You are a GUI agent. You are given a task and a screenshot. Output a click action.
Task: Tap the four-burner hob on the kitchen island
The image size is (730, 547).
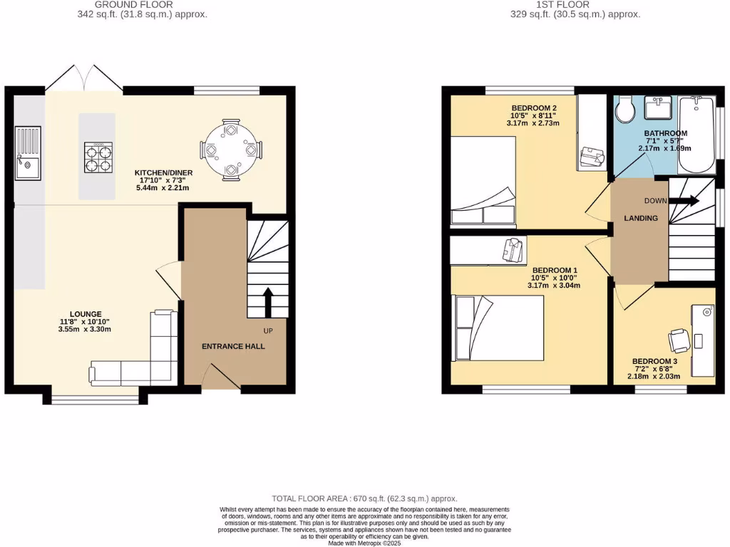(98, 157)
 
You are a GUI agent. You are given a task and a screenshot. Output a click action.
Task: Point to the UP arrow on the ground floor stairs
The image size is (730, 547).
(267, 302)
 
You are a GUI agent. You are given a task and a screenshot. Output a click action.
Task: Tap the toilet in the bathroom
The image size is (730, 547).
(625, 110)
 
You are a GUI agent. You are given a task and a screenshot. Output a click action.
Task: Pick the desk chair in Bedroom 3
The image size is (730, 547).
(679, 340)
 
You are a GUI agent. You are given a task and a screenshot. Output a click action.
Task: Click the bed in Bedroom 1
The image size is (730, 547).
(499, 328)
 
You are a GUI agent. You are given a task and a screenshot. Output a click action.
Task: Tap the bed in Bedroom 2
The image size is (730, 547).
(483, 179)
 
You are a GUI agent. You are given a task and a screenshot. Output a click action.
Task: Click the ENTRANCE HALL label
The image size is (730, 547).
(233, 347)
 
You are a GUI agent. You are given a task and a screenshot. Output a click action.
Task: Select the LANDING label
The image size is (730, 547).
(641, 218)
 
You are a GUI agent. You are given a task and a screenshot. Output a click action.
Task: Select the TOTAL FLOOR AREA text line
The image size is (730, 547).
(364, 499)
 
